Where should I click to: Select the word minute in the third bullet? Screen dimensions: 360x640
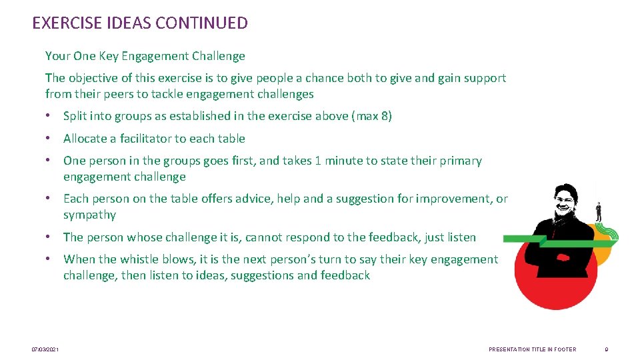click(352, 161)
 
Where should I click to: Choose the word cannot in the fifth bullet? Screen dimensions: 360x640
click(269, 237)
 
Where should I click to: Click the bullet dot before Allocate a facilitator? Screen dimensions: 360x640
click(49, 139)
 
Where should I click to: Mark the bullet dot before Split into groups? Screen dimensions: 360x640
click(49, 116)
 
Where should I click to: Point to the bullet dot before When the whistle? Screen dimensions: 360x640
click(49, 259)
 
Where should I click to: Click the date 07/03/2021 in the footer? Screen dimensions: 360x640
click(45, 349)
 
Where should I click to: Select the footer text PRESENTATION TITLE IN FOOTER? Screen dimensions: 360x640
click(532, 349)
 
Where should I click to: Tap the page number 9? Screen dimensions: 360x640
click(606, 349)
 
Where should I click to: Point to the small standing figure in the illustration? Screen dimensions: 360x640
click(599, 211)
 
